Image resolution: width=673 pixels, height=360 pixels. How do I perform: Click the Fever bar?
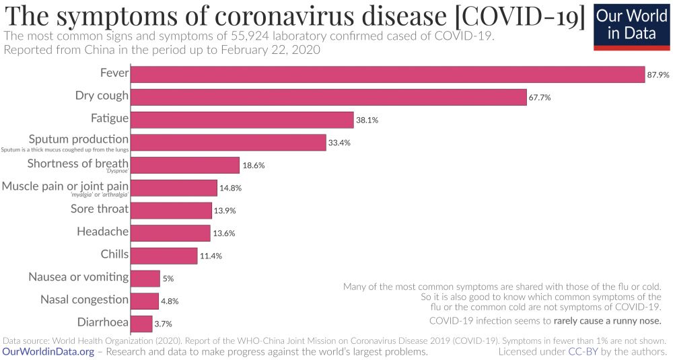click(x=387, y=74)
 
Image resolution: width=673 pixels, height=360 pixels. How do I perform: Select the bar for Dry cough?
click(x=328, y=97)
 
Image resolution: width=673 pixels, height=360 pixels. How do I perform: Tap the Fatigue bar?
click(x=242, y=120)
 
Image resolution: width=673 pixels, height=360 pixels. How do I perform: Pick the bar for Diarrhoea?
click(x=141, y=323)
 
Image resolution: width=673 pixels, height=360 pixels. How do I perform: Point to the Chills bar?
click(x=164, y=255)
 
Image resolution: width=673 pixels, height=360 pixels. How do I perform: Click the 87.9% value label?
click(x=658, y=75)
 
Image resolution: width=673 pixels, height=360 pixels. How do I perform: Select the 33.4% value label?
click(x=339, y=143)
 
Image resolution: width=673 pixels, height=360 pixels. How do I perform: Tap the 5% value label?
click(x=169, y=279)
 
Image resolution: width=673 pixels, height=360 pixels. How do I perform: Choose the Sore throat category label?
click(x=100, y=209)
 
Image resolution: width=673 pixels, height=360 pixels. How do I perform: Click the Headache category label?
click(x=102, y=231)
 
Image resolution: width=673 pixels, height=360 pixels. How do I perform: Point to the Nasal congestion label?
click(x=84, y=299)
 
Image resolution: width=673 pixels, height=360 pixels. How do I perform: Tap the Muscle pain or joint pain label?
click(x=65, y=185)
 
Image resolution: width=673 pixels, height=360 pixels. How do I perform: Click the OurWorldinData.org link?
click(x=48, y=351)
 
